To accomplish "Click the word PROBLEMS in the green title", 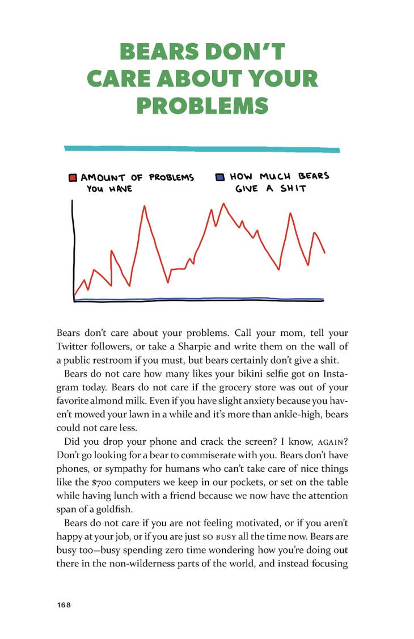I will tap(202, 106).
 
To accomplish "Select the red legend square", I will tap(73, 177).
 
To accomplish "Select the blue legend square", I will tap(220, 177).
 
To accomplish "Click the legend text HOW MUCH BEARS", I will tap(279, 177).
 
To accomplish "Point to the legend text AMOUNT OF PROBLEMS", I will tap(137, 177).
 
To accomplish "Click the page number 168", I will tap(64, 604).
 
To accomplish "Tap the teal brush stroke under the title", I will tap(202, 149).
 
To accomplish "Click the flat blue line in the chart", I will tap(198, 299).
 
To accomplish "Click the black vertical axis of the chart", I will tap(73, 249).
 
